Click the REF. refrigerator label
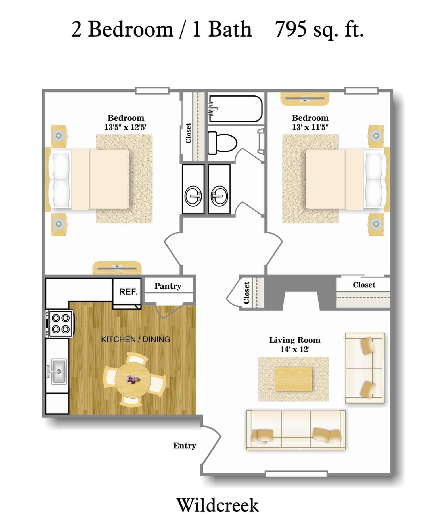point(128,292)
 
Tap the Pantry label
point(168,286)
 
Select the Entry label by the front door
point(185,446)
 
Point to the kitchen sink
point(58,371)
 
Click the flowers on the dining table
point(133,379)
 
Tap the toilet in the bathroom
point(222,143)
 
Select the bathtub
point(235,109)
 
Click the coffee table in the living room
point(293,379)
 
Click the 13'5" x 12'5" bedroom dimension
point(126,127)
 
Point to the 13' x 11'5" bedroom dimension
point(310,127)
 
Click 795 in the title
point(291,29)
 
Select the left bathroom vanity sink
point(193,196)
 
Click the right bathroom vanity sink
point(219,196)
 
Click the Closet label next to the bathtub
point(188,133)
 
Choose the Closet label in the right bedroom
point(364,285)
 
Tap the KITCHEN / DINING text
point(135,339)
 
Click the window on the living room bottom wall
point(296,473)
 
